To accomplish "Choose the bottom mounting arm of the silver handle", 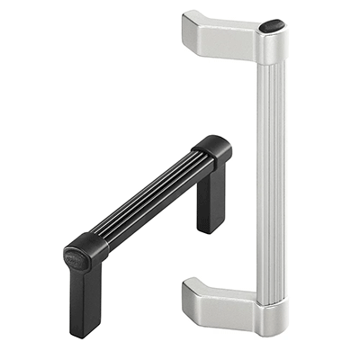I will click(220, 297).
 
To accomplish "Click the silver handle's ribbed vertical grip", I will click(271, 171).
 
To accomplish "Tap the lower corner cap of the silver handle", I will click(271, 317).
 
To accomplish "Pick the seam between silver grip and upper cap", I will click(271, 63).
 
